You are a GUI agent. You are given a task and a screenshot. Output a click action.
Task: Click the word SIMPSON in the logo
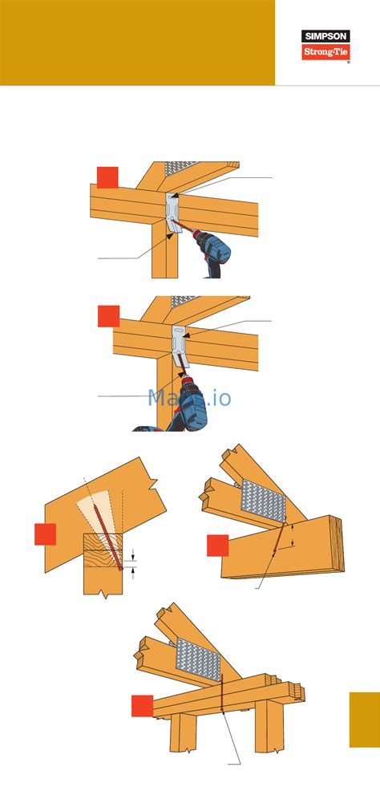pyautogui.click(x=326, y=36)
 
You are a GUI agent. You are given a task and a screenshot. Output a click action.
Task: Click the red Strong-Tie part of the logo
pyautogui.click(x=326, y=52)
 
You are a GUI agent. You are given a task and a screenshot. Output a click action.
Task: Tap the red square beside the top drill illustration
pyautogui.click(x=107, y=176)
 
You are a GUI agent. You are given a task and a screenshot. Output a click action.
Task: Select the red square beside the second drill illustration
pyautogui.click(x=108, y=316)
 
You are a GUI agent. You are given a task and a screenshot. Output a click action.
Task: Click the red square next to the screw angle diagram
pyautogui.click(x=45, y=533)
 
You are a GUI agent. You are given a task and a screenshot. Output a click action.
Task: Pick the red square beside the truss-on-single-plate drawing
pyautogui.click(x=218, y=545)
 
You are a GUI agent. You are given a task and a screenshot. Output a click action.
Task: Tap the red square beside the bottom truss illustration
pyautogui.click(x=143, y=705)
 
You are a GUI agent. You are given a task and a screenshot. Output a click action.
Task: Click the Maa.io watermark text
pyautogui.click(x=190, y=396)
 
